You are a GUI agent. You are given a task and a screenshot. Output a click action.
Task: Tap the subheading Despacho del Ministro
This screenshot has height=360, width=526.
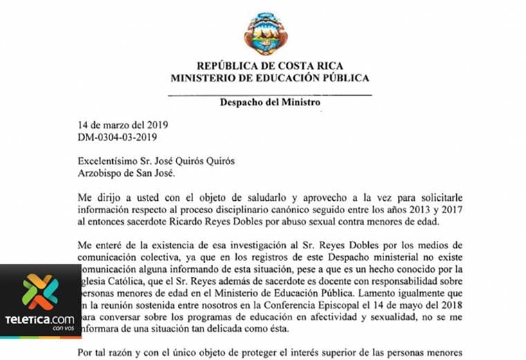[270, 102]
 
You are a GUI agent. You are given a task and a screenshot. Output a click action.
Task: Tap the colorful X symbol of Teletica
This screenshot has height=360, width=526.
[40, 291]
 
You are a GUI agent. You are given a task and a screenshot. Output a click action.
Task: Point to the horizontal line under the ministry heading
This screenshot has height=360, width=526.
[270, 93]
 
